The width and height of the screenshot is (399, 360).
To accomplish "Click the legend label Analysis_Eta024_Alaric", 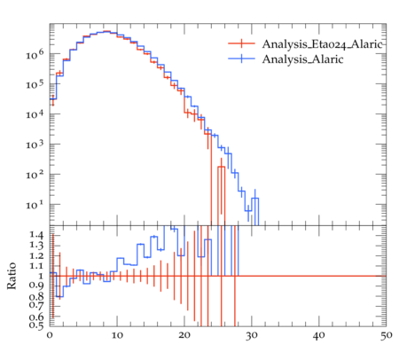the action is [322, 44].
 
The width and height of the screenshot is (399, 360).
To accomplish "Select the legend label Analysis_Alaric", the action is [302, 59].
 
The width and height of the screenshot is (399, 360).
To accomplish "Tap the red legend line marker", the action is [241, 43].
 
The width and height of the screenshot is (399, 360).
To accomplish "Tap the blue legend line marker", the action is [241, 59].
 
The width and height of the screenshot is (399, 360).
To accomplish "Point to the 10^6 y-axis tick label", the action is [35, 54].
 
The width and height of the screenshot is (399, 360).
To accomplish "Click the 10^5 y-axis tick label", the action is [35, 84].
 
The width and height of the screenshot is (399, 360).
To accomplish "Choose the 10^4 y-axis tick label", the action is [35, 114].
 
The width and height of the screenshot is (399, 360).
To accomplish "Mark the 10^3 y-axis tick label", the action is [35, 145].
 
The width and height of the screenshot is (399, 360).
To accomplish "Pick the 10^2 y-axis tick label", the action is [35, 175].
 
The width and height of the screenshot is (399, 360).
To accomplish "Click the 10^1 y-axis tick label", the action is [35, 205].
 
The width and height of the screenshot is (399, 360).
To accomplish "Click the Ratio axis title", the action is [12, 276].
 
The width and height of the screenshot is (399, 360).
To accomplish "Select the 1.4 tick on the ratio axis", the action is [36, 235].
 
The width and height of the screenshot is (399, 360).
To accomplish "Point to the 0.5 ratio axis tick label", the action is [36, 325].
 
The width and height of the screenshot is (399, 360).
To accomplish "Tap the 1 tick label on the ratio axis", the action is [41, 276].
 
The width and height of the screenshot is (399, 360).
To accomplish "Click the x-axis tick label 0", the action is [50, 335].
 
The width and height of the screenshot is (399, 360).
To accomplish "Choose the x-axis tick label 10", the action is [117, 335].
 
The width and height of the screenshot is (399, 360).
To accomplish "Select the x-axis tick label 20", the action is [184, 335].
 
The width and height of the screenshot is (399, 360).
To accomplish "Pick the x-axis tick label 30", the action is [252, 336].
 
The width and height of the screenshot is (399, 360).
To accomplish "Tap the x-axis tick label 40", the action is [319, 336].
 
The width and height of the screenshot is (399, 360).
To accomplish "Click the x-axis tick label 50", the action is [387, 336].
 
